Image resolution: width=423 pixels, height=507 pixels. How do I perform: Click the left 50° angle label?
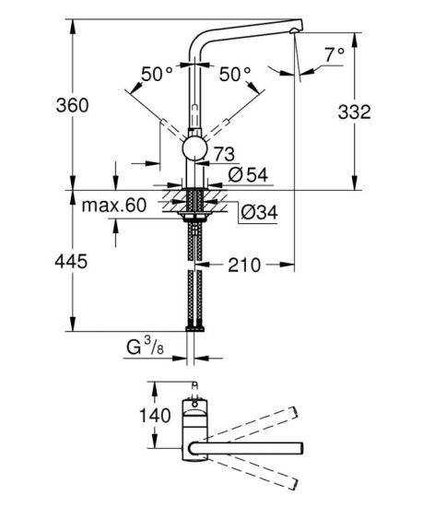pyautogui.click(x=158, y=71)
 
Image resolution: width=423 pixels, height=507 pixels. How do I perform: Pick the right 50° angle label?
pyautogui.click(x=236, y=71)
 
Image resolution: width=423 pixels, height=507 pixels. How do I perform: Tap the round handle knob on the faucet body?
pyautogui.click(x=195, y=148)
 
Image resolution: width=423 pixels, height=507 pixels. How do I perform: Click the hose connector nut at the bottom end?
pyautogui.click(x=194, y=327)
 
